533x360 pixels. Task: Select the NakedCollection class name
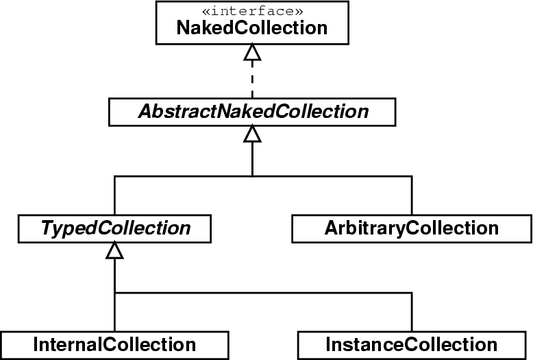(252, 28)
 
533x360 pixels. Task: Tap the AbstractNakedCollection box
(252, 111)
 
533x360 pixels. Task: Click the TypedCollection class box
(115, 228)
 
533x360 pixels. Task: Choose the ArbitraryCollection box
(412, 228)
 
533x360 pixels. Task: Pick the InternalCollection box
(114, 345)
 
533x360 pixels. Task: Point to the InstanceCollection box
(412, 345)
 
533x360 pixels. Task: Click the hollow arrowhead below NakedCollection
(252, 53)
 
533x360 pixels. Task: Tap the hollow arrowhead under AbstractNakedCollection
(252, 134)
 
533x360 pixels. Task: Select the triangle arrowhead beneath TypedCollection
(115, 250)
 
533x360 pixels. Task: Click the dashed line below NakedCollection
(252, 79)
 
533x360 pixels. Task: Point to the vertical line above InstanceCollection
(412, 312)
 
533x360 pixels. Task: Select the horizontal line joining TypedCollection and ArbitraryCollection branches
(264, 176)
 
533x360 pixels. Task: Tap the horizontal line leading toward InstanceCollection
(264, 293)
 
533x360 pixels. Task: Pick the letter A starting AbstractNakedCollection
(144, 111)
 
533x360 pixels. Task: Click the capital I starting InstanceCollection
(330, 344)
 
